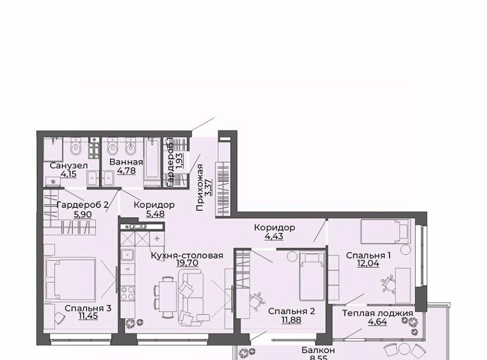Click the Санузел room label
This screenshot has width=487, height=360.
coord(68,166)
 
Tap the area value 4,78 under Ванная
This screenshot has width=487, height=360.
coord(126,170)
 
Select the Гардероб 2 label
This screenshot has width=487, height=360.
coord(82,205)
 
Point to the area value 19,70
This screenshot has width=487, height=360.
coord(187,263)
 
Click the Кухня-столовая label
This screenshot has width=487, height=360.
coord(187,256)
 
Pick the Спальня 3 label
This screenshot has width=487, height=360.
coord(88,308)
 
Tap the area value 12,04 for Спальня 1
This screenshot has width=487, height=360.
coord(368,263)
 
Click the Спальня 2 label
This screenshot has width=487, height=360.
coord(292,311)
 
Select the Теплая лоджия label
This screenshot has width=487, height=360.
coord(377,313)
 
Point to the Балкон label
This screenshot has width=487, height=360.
coord(318,350)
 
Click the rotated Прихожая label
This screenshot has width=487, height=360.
coord(200,188)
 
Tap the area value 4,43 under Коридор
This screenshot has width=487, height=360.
coord(274,236)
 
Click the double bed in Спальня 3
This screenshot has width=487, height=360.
coord(71,279)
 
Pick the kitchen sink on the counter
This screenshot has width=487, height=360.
coord(127,255)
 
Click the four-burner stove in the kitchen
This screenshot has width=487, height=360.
coord(128,294)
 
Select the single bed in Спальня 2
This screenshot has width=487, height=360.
coord(312,276)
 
